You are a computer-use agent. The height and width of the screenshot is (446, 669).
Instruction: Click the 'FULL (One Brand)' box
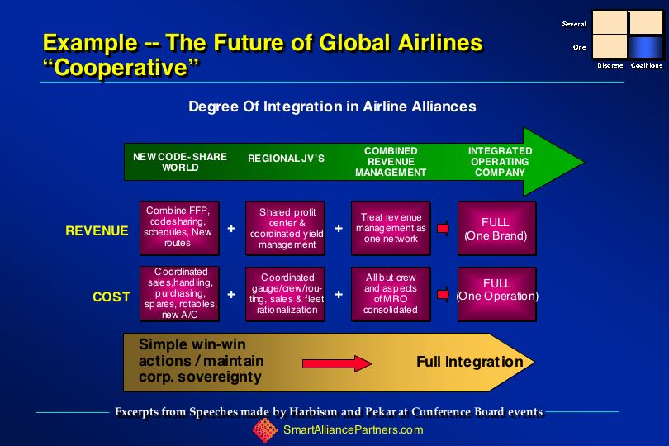(496, 228)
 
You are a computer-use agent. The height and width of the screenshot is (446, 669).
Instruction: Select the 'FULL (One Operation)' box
(496, 294)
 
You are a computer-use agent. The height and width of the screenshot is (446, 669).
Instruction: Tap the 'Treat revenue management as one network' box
(391, 228)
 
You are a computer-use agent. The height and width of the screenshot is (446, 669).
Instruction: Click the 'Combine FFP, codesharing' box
(179, 228)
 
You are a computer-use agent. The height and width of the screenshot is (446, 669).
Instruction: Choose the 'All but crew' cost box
(391, 294)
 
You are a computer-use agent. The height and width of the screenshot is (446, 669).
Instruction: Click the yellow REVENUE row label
(97, 231)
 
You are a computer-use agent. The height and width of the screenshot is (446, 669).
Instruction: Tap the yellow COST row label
(111, 297)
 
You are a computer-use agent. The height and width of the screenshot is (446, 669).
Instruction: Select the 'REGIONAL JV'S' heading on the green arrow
(287, 159)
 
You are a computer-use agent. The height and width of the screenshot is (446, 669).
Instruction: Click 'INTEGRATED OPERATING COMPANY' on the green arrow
(500, 162)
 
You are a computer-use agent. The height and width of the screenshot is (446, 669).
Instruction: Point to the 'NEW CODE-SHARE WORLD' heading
(180, 162)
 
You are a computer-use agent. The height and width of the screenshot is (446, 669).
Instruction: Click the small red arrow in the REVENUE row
(444, 228)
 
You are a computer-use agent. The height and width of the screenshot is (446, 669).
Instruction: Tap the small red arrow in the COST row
(444, 294)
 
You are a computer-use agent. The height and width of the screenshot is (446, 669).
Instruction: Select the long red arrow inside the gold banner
(337, 363)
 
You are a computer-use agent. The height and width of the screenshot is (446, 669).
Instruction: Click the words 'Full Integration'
(470, 362)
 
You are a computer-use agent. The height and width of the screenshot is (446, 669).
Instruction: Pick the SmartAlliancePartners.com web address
(353, 429)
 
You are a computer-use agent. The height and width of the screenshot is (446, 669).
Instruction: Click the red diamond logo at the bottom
(265, 430)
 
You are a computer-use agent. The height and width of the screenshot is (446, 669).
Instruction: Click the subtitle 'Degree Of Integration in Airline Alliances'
(332, 107)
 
